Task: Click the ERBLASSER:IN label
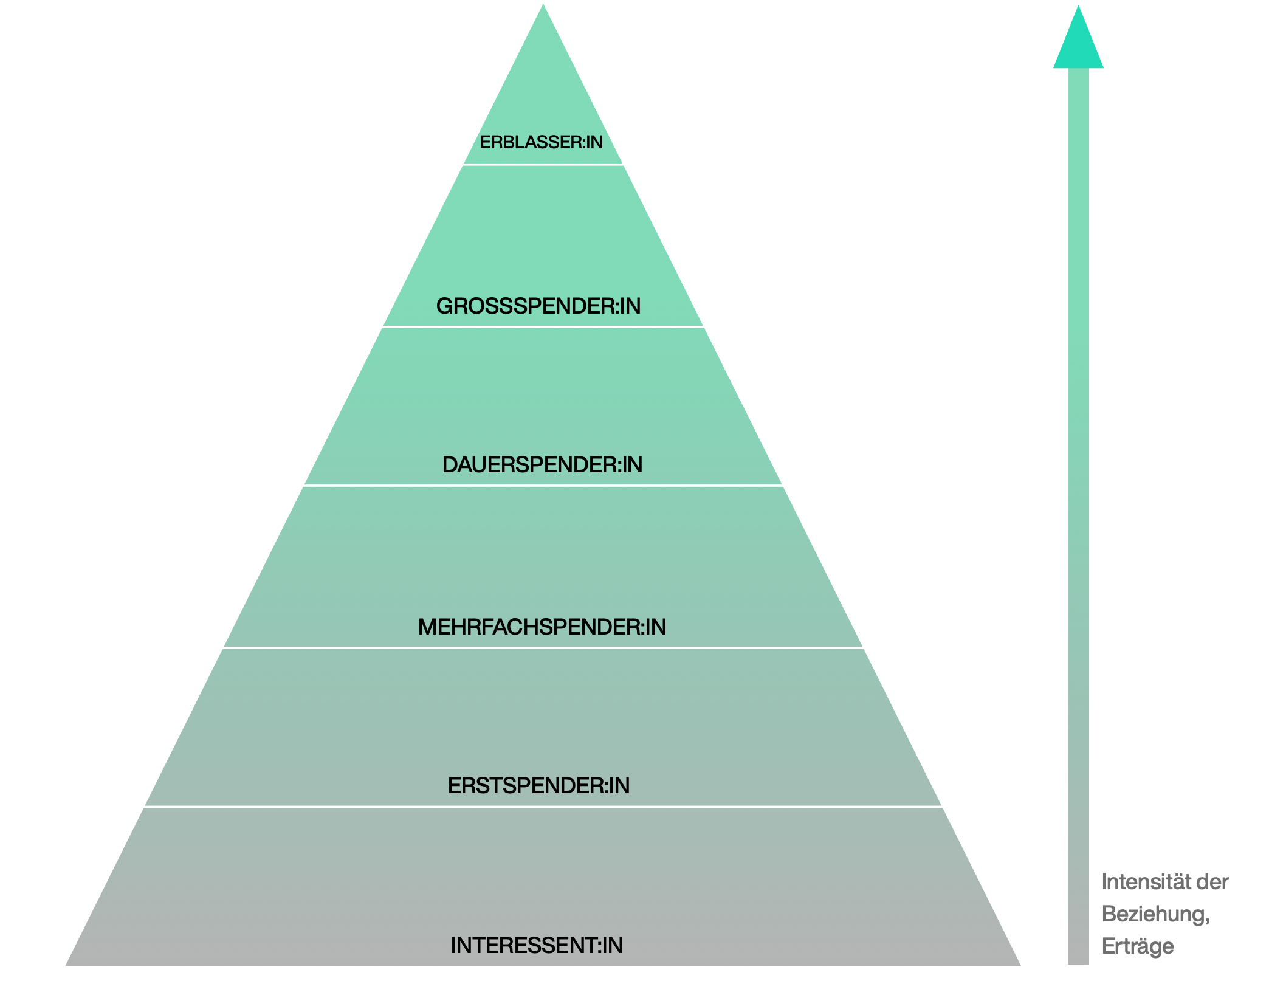(x=541, y=142)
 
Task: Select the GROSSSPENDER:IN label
(x=538, y=306)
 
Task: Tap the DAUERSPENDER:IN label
(x=542, y=464)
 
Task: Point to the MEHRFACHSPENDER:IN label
(x=542, y=627)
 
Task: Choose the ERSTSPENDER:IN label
(x=538, y=785)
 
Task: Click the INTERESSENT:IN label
(x=537, y=945)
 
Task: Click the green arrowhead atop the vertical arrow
(x=1078, y=43)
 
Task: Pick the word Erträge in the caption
(x=1138, y=946)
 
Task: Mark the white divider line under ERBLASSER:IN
(x=543, y=164)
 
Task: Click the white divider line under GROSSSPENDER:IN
(x=543, y=327)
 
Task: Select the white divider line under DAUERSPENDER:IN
(x=543, y=486)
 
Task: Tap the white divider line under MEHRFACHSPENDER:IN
(x=543, y=648)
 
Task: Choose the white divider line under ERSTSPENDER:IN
(x=543, y=807)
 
